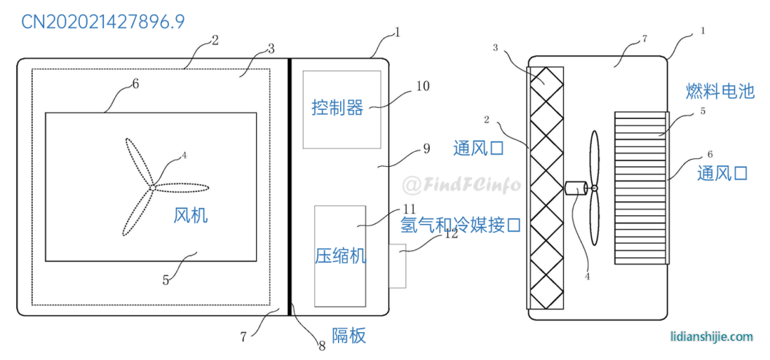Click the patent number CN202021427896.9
103,22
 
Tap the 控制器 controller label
338,108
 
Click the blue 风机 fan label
190,215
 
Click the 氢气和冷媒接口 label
461,225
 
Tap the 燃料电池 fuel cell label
720,91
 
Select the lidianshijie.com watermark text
712,336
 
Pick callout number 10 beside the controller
422,86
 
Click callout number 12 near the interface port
450,234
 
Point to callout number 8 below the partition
322,346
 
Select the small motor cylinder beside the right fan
576,188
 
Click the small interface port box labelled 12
397,266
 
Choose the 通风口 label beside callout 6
722,173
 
